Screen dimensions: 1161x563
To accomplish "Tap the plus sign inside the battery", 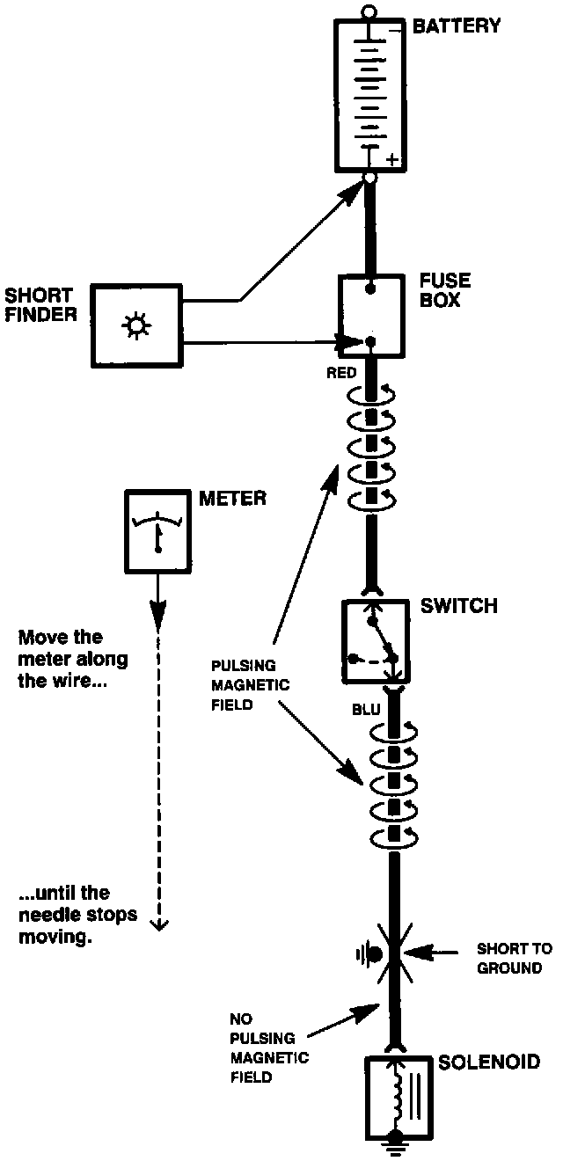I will [x=391, y=160].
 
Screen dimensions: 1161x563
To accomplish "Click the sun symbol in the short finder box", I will [x=135, y=326].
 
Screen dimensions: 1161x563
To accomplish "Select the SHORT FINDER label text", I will [x=39, y=303].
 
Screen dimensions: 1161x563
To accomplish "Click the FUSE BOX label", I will [x=445, y=291].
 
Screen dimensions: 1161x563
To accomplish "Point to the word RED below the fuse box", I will [x=341, y=373].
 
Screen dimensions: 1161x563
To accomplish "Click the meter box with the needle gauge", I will [x=158, y=533].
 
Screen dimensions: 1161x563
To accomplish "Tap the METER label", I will [x=232, y=500].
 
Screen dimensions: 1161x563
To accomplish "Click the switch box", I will [x=372, y=639].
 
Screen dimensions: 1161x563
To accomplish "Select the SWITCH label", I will [x=458, y=606].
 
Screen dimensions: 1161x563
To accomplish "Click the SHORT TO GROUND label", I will [x=515, y=959].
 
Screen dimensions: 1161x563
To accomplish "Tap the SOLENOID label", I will [x=489, y=1062].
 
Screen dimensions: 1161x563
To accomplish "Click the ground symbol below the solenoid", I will [x=396, y=1143].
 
